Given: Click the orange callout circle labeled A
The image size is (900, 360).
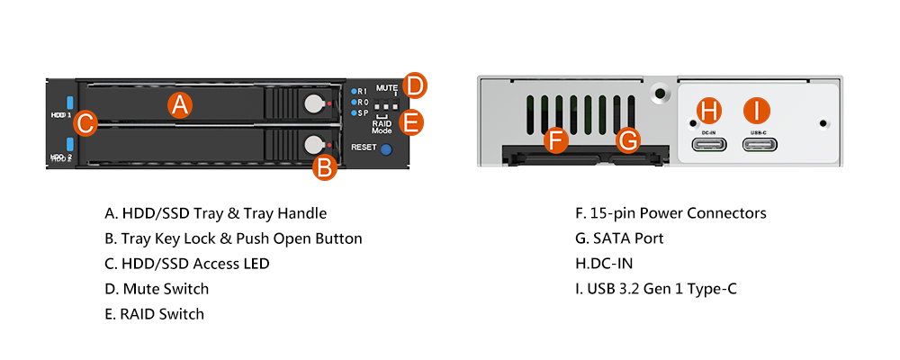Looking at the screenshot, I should (181, 105).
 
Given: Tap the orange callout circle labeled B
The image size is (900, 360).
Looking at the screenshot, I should (325, 166).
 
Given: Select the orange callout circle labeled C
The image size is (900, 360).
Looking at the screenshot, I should (84, 122).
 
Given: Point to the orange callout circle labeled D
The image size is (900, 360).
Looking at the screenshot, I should (415, 85).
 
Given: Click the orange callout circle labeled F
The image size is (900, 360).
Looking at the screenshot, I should (555, 139).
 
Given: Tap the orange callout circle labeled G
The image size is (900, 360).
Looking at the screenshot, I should (629, 139).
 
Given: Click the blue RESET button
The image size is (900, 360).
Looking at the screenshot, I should (387, 148).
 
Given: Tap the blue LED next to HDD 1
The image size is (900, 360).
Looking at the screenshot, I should (68, 103).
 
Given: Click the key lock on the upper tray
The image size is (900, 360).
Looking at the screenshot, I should (312, 103).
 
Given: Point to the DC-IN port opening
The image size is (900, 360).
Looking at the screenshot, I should (709, 148).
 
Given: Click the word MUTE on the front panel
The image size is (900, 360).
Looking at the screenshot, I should (386, 87).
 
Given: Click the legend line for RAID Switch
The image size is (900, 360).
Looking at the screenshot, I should (154, 314).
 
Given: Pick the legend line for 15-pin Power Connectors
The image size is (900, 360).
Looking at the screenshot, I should (670, 213).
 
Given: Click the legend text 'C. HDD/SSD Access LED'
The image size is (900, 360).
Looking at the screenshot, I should (186, 264).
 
